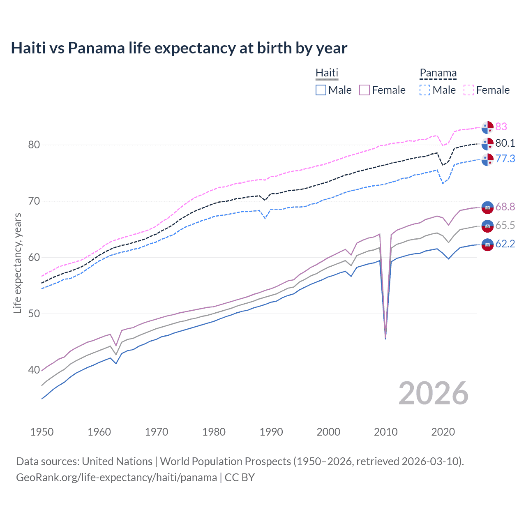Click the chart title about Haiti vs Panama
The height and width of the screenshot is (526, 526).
pos(179,48)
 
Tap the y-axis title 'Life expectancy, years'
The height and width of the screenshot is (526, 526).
pos(17,263)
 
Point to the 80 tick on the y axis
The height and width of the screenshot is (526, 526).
pos(34,145)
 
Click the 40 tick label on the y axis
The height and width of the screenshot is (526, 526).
pos(34,370)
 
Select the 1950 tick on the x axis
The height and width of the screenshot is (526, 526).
pos(42,432)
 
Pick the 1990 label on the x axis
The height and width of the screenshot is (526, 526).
pos(271,432)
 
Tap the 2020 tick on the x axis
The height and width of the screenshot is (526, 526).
pos(443,432)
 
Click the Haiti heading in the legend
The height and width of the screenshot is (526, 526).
pos(327,73)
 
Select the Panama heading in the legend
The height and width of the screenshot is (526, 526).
pos(438,73)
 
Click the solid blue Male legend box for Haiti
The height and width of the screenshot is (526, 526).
pos(321,90)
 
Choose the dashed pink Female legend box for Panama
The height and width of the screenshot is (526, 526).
pos(469,90)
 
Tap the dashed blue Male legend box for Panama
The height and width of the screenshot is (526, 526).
pos(425,90)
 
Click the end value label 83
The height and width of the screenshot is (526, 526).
pos(501,127)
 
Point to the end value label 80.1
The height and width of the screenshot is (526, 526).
pos(505,143)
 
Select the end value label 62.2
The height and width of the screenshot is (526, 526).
pos(505,244)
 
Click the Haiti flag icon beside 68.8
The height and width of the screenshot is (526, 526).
pos(487,208)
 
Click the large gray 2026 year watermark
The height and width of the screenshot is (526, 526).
pos(433,393)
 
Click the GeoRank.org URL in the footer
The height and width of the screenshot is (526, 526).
pos(116,478)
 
